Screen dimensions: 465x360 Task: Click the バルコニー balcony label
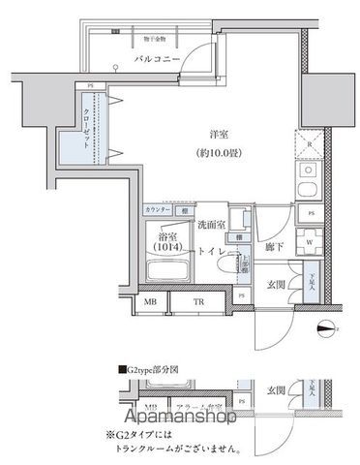(x=153, y=60)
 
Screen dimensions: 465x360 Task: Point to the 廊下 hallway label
(x=273, y=248)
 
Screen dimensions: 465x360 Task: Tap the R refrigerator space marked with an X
(x=309, y=142)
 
